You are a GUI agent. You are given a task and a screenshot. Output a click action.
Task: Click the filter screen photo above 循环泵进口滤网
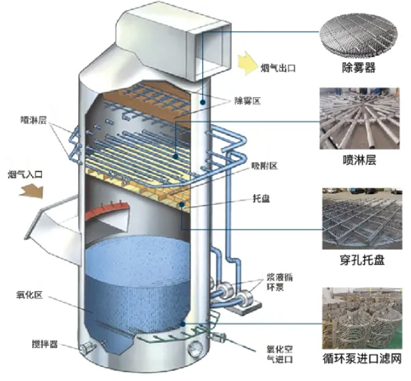pyautogui.click(x=361, y=317)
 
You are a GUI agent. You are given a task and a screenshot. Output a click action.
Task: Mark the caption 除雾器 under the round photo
pyautogui.click(x=361, y=68)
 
